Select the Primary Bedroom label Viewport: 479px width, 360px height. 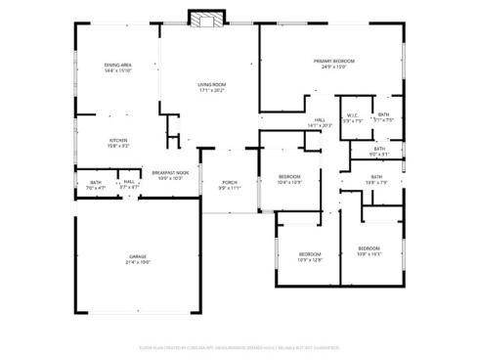[333, 62]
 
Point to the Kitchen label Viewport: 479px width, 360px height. [117, 140]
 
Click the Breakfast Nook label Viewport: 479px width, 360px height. [170, 172]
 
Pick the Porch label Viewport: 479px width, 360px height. [230, 182]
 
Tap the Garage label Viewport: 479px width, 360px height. [137, 257]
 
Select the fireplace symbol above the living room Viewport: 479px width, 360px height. [205, 20]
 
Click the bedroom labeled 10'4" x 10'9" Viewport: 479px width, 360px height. [289, 149]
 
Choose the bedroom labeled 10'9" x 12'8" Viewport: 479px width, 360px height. [310, 253]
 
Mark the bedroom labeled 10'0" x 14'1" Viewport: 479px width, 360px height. [369, 248]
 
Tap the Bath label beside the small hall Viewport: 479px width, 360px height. [96, 182]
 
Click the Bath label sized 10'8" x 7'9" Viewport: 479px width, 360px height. [376, 177]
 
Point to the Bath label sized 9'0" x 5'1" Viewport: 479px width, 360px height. [379, 149]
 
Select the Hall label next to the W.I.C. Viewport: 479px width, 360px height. [320, 120]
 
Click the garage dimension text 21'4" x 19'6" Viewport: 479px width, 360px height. [137, 263]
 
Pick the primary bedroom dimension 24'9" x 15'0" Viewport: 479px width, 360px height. [333, 67]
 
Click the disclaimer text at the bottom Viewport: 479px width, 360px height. [239, 345]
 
